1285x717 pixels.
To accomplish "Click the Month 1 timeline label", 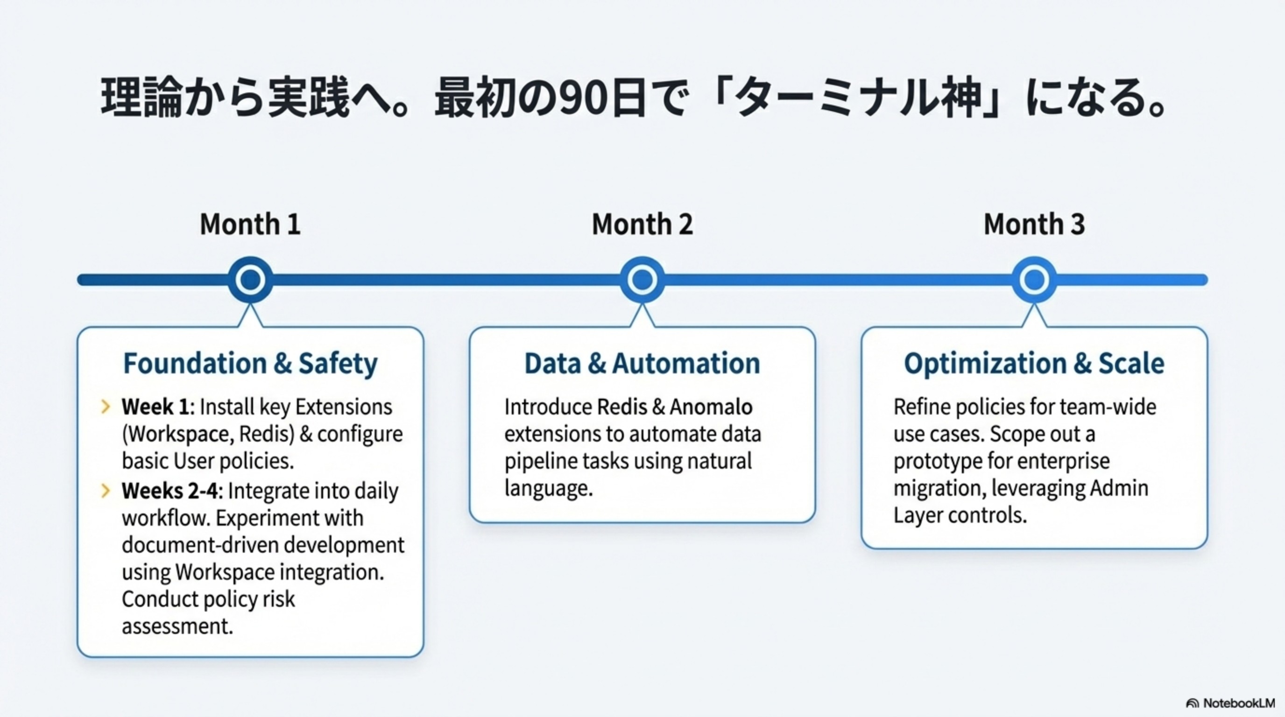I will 250,225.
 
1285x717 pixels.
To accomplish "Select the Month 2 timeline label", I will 642,225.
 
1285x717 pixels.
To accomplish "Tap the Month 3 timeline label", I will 1034,225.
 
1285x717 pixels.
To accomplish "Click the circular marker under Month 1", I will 250,280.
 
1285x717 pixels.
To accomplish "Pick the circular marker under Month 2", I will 642,280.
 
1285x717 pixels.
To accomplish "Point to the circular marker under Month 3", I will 1034,280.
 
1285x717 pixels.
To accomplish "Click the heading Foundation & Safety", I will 250,364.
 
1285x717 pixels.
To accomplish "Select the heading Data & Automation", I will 642,364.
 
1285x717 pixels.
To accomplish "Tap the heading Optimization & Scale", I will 1034,364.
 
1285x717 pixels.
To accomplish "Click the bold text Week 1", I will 155,408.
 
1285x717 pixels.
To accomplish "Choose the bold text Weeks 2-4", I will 170,492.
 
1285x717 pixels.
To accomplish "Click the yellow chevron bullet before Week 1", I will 105,407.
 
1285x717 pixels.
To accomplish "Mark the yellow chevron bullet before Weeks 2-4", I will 105,491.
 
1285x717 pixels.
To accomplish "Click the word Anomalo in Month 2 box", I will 711,408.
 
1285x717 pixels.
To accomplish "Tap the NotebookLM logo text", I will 1239,703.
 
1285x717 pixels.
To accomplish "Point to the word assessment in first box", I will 177,626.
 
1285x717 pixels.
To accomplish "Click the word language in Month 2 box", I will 548,488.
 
